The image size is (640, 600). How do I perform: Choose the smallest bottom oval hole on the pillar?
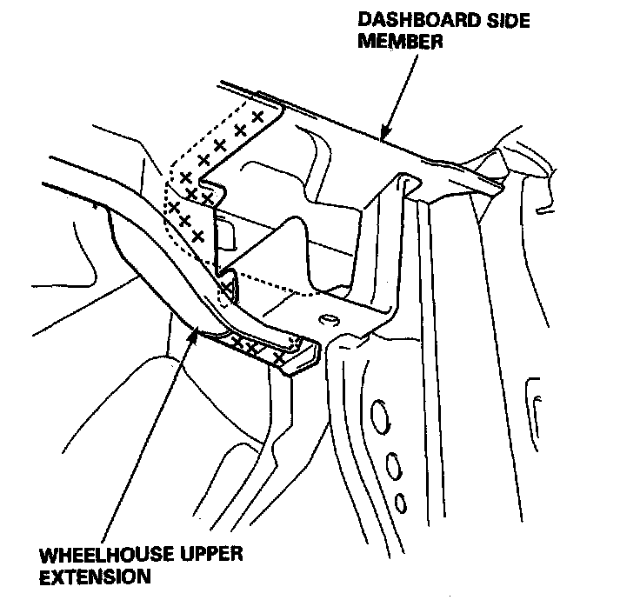tap(401, 503)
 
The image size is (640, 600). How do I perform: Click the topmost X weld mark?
tap(257, 116)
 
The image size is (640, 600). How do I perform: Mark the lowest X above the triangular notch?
tap(197, 235)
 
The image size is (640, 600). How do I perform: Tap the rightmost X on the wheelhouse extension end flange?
tap(278, 357)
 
